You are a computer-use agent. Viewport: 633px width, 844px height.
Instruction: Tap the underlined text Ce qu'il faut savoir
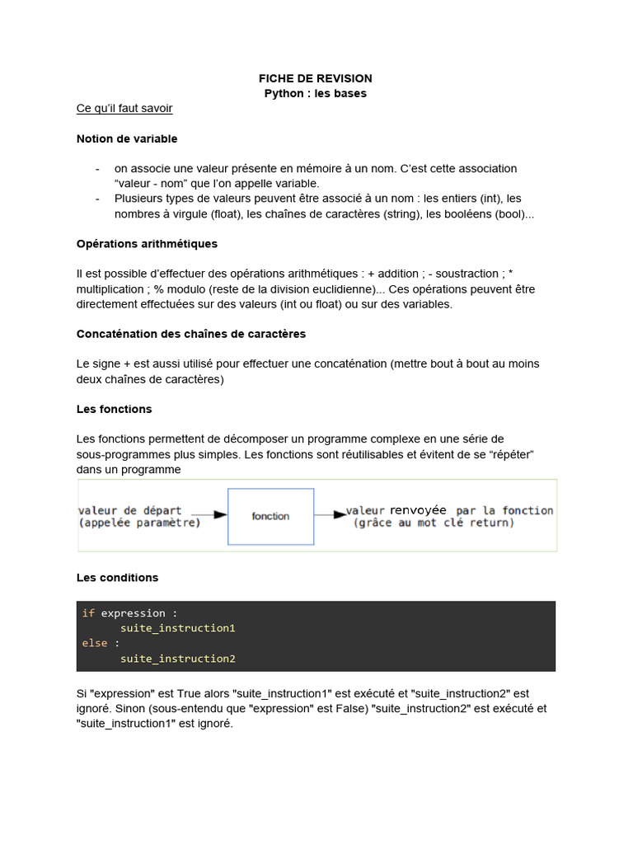point(124,108)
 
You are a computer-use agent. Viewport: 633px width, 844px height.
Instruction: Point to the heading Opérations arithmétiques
point(147,244)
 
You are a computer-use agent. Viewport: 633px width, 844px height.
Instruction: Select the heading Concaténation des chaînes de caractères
point(190,334)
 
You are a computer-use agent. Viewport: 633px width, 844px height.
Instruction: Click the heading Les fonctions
point(114,409)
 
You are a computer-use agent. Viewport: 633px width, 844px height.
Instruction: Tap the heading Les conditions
point(117,578)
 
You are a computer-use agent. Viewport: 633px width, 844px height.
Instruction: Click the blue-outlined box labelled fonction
point(270,516)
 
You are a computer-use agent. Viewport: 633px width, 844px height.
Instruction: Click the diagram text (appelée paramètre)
point(139,523)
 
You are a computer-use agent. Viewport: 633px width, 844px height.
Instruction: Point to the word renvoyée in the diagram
point(418,510)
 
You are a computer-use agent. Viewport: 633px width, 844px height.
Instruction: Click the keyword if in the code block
point(88,613)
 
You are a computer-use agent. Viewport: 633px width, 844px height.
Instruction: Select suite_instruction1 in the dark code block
point(178,628)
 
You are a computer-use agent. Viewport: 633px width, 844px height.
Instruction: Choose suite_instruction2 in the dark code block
point(178,659)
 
